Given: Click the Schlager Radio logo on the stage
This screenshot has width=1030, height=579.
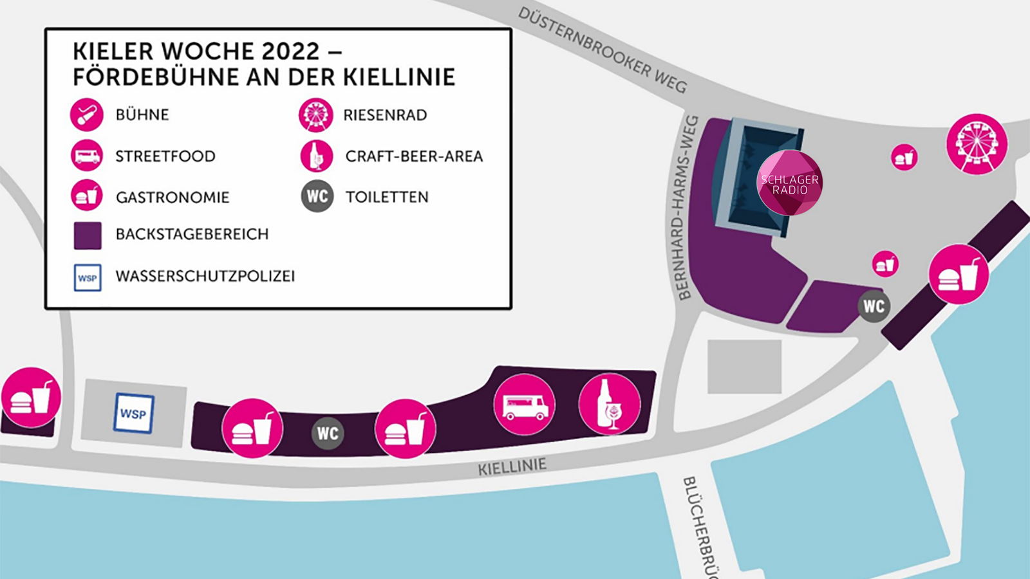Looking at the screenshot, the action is coord(789,183).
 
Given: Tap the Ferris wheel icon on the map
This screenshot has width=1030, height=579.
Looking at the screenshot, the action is coord(977,144).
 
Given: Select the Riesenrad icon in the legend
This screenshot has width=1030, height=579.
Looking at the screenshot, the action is coord(315,115).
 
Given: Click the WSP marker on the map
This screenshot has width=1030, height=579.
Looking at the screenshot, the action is coord(134,414).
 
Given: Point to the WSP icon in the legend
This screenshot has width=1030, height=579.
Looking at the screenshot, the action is coord(88,278).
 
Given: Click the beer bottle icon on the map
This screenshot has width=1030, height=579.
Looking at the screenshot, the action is coord(609,404).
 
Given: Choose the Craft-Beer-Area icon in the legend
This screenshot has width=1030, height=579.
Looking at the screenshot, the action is coord(316,156).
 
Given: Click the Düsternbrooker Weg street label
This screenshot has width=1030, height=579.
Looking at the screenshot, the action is coord(602,50).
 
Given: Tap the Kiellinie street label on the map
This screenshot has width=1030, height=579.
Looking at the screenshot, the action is coord(512,466).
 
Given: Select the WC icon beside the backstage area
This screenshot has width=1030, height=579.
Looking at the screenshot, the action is coord(874,306).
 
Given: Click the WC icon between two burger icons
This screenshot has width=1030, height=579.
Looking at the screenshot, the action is coord(328,433).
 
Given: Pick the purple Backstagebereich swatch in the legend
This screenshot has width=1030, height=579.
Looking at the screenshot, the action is coord(88,235).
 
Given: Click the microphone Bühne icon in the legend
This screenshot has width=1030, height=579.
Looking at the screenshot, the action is coord(87,115).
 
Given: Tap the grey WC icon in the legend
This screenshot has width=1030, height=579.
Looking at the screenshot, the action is coord(317,196).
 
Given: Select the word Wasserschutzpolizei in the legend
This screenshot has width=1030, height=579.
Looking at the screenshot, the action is coord(205,276).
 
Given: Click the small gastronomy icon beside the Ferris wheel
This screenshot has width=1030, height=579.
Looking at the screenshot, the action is coord(904,157).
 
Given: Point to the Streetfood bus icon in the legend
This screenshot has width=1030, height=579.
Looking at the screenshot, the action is coord(87,156).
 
